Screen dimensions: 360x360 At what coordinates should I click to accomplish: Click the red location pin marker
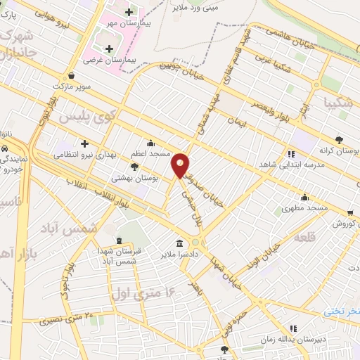pos(181,165)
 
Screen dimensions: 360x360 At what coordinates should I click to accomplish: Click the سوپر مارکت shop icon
pos(72,76)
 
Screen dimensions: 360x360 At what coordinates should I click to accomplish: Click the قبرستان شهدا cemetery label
pos(136,251)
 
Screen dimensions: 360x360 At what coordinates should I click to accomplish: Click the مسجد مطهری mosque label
pos(304,208)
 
